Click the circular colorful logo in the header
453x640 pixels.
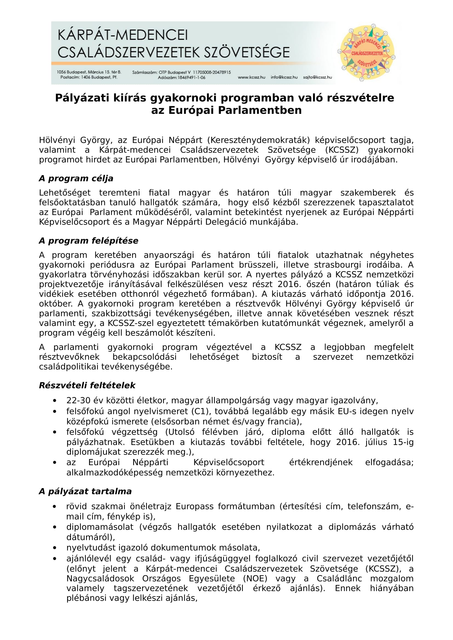(x=366, y=53)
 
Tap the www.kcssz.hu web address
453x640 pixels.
(x=251, y=77)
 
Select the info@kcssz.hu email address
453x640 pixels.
(x=284, y=77)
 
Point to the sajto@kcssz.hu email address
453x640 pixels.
(x=317, y=77)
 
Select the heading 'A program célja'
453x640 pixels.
(x=76, y=178)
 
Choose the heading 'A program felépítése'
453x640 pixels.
(x=89, y=241)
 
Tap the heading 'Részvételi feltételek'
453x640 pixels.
(x=87, y=385)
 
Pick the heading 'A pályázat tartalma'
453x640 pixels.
(x=85, y=491)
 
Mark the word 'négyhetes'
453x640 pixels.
(x=392, y=255)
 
